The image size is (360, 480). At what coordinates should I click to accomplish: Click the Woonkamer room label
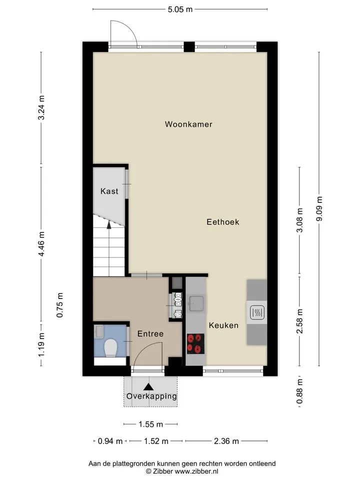[x=188, y=124]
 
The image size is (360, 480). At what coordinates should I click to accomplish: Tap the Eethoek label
[x=223, y=222]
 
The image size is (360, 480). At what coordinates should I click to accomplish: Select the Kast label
[x=109, y=191]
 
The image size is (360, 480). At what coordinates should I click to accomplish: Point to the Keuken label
[x=223, y=325]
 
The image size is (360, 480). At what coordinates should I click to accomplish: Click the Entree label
[x=150, y=333]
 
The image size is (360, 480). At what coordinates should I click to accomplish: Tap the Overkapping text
[x=151, y=396]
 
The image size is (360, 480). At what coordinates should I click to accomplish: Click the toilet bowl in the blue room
[x=110, y=347]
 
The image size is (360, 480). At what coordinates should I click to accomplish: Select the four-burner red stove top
[x=195, y=343]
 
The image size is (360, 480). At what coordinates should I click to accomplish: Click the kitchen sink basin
[x=196, y=303]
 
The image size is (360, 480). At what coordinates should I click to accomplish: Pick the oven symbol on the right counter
[x=257, y=312]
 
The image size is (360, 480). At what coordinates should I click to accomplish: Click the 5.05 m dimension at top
[x=180, y=9]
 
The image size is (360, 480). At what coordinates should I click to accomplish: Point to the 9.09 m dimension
[x=319, y=209]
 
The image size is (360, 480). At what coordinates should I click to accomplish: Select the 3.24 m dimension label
[x=41, y=108]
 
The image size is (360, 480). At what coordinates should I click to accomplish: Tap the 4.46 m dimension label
[x=41, y=244]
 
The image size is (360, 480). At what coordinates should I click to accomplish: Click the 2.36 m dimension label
[x=226, y=441]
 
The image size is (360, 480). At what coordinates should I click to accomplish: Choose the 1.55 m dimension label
[x=150, y=424]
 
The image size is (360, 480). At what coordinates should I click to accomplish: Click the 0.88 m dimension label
[x=299, y=391]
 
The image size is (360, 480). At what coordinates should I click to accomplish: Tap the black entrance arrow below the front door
[x=148, y=387]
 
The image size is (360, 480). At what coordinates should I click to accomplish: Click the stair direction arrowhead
[x=109, y=224]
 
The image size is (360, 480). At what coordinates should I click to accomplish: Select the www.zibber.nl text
[x=196, y=471]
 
